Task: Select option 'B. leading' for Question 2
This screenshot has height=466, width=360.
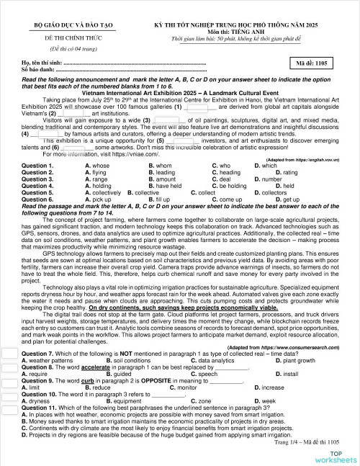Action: coord(161,173)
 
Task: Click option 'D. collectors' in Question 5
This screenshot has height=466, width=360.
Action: coord(264,193)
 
